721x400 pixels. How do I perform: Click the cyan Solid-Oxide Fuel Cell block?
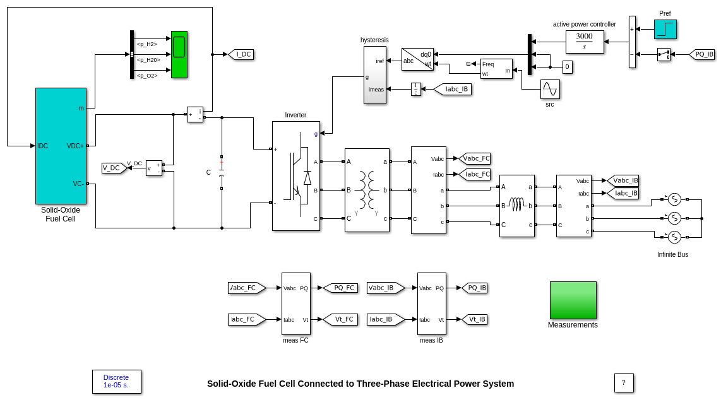[61, 146]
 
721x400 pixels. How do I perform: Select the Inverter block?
[295, 176]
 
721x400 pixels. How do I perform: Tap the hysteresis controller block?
[374, 74]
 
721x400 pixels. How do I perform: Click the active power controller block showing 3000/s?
[584, 42]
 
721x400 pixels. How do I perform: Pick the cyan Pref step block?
[665, 29]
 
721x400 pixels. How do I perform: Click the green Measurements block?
[573, 300]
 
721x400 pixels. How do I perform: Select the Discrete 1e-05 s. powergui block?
[116, 381]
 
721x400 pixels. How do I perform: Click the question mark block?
[623, 382]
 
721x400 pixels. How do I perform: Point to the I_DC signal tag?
[241, 54]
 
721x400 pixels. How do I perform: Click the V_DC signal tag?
[114, 168]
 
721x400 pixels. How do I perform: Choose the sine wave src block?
[549, 89]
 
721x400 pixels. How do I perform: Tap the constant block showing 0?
[567, 67]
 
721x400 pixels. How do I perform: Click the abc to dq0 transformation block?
[417, 59]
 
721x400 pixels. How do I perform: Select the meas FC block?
[295, 303]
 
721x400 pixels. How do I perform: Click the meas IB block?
[431, 303]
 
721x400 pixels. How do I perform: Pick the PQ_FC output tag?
[341, 288]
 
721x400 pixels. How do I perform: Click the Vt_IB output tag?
[475, 319]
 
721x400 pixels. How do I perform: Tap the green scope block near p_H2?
[179, 54]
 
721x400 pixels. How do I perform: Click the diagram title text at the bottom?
[360, 384]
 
